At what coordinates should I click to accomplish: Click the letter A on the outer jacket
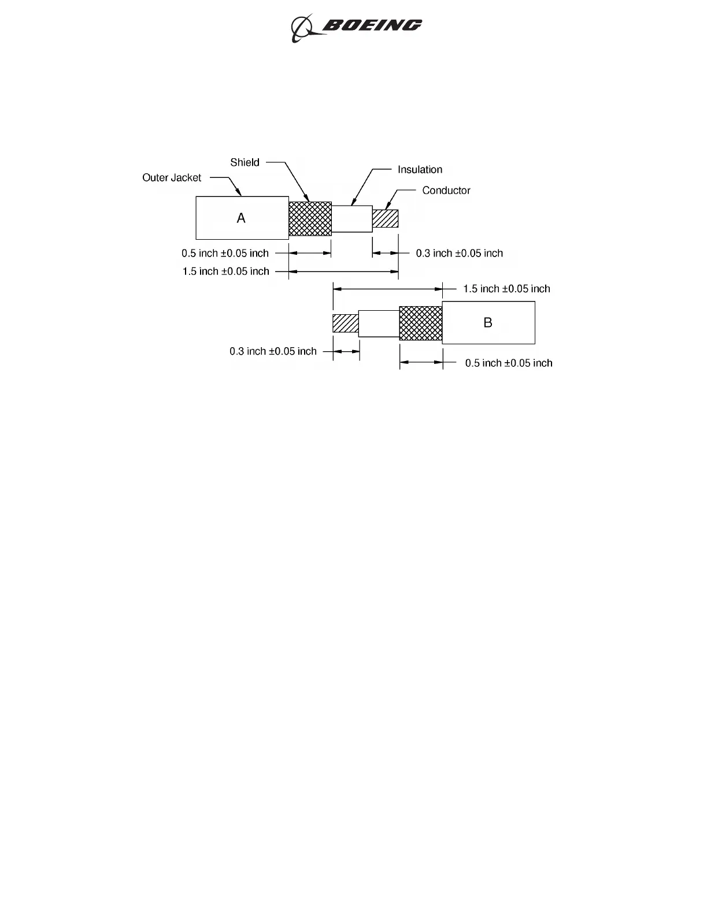241,218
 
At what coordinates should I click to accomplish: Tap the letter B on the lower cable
488,322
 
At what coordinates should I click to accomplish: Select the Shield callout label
245,162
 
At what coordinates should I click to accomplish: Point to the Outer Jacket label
172,177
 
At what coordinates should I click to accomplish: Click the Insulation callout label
420,169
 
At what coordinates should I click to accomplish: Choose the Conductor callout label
446,190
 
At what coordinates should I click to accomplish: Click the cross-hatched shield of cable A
310,218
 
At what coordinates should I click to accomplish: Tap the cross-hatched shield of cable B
421,323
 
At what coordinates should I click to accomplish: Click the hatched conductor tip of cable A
385,218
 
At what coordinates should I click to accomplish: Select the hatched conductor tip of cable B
345,323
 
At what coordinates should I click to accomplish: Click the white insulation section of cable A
351,218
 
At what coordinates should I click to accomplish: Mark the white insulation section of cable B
379,323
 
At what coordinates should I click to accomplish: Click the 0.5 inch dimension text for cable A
225,253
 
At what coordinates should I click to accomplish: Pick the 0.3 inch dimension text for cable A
460,253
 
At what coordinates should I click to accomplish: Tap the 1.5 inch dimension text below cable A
225,271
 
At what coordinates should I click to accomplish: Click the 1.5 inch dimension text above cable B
506,288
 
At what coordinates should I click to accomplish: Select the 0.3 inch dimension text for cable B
273,351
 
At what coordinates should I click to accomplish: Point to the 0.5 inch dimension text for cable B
509,363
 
